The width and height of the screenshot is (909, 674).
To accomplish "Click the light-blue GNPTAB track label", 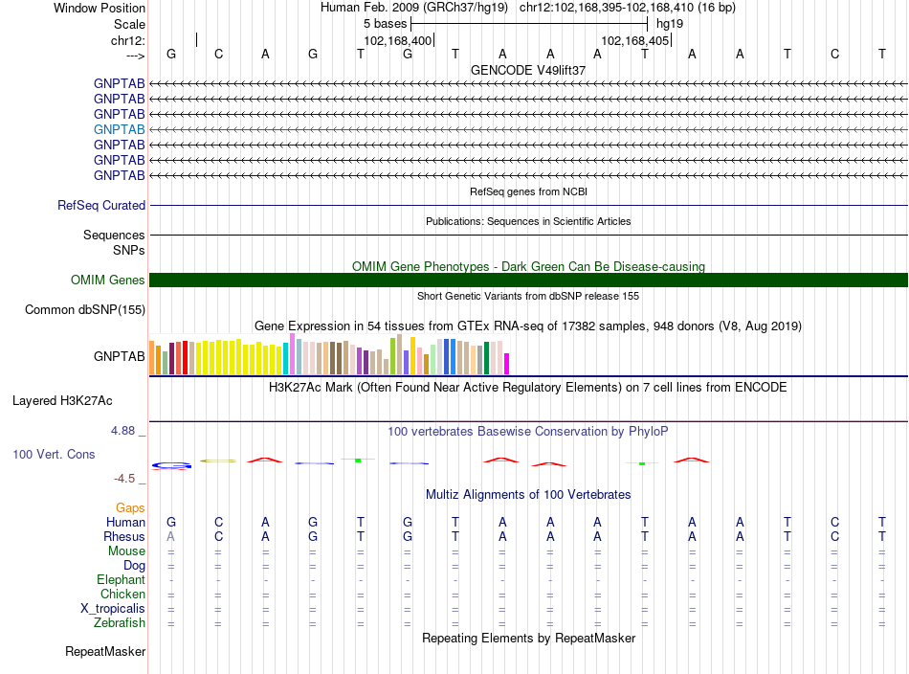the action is tap(119, 129).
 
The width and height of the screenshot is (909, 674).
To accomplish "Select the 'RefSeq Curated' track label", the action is tap(101, 205).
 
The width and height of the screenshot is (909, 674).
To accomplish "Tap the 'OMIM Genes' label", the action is tap(108, 281).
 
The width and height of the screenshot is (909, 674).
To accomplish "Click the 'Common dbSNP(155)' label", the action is tap(85, 310).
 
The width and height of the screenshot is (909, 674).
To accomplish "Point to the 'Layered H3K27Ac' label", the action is tap(62, 401).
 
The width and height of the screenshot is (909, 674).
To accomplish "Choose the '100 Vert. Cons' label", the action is tap(54, 454).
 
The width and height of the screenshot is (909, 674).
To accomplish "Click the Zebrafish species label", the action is tap(120, 623).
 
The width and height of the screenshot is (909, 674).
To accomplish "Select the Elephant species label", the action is tap(122, 580).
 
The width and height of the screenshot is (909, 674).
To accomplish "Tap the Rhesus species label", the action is tap(124, 536).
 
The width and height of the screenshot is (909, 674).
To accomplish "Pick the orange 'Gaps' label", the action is tap(130, 508).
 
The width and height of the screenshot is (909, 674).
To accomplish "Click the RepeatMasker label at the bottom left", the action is tap(105, 651).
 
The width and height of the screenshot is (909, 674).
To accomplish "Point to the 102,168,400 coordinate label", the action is tap(398, 40).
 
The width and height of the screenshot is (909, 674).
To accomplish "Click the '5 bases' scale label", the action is tap(386, 24).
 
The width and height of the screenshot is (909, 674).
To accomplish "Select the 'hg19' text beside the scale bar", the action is tap(670, 24).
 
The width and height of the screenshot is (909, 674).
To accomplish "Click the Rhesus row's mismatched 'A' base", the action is tap(170, 536).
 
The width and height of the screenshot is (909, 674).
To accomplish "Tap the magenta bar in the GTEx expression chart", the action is tap(507, 364).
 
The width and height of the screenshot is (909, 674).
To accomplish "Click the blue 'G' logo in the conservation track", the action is tap(171, 465).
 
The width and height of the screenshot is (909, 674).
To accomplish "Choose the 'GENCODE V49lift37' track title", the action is tap(528, 70).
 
